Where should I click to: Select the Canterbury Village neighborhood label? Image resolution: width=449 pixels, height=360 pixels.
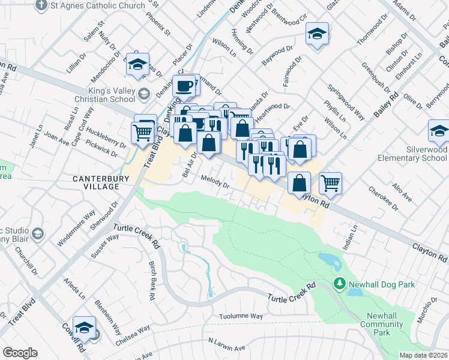coord(97,182)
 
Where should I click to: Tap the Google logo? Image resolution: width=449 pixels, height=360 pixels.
coord(20,353)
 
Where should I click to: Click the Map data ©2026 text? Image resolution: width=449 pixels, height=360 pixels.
coord(423,355)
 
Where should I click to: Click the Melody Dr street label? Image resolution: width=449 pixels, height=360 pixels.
coord(215,181)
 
